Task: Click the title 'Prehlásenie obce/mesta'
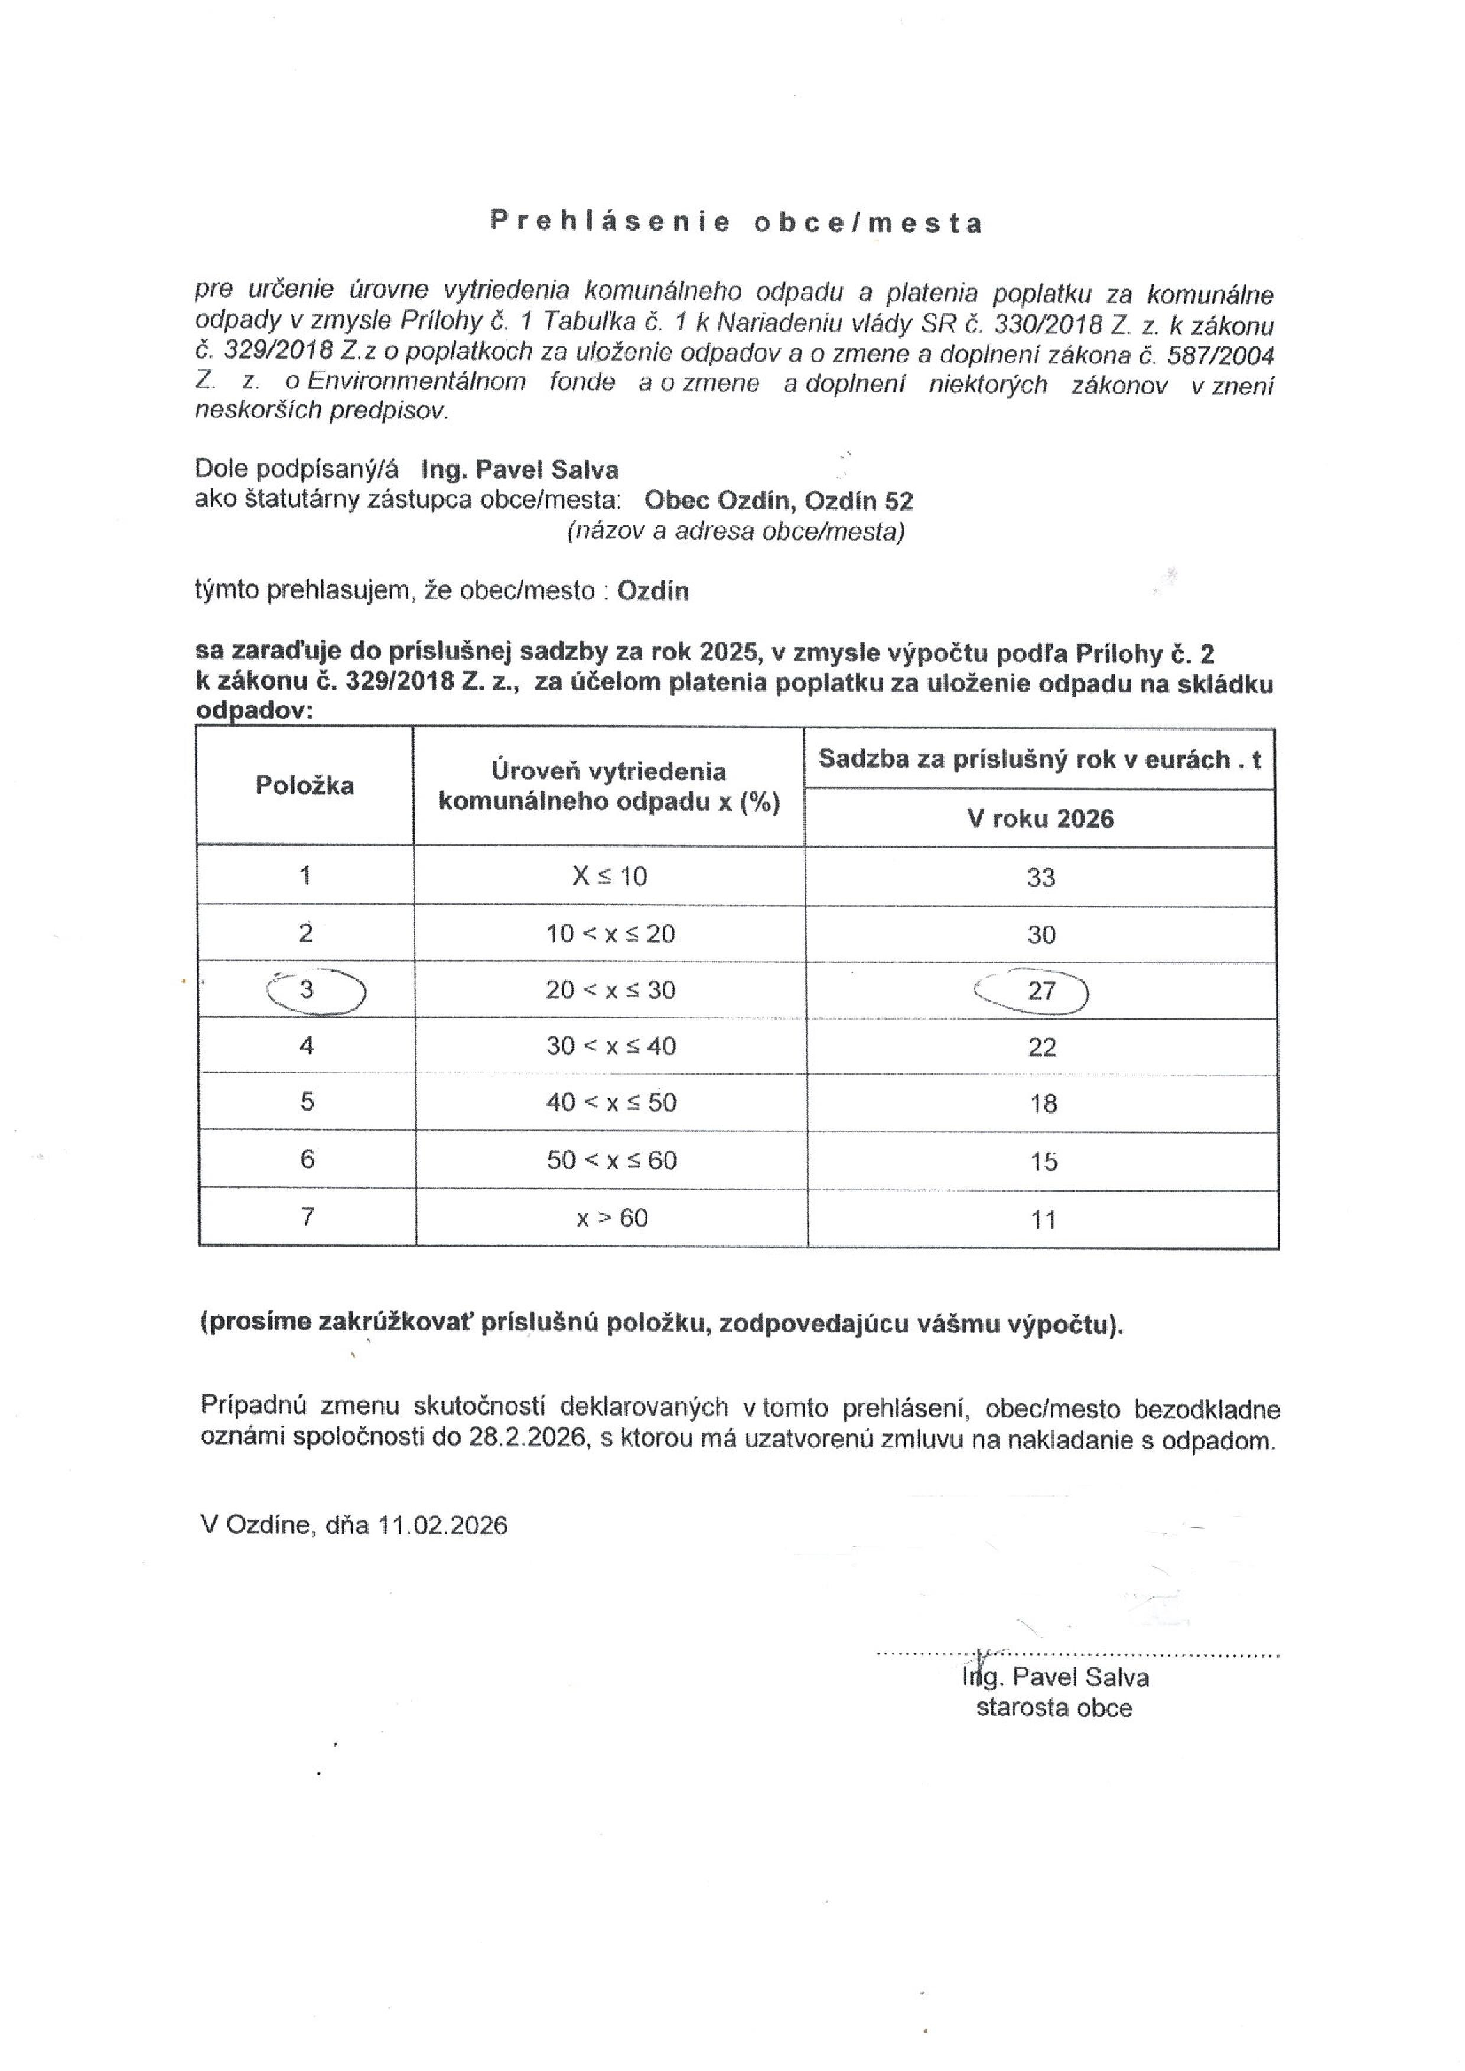point(736,222)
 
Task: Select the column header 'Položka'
point(304,785)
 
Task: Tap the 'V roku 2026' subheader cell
point(1040,819)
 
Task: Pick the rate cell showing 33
point(1040,877)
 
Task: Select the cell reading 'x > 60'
point(611,1218)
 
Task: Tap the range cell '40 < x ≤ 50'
point(611,1103)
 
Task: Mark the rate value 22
point(1042,1047)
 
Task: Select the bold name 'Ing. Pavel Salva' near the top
point(520,470)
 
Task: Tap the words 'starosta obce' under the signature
point(1054,1708)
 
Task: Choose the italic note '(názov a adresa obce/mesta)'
point(735,531)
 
